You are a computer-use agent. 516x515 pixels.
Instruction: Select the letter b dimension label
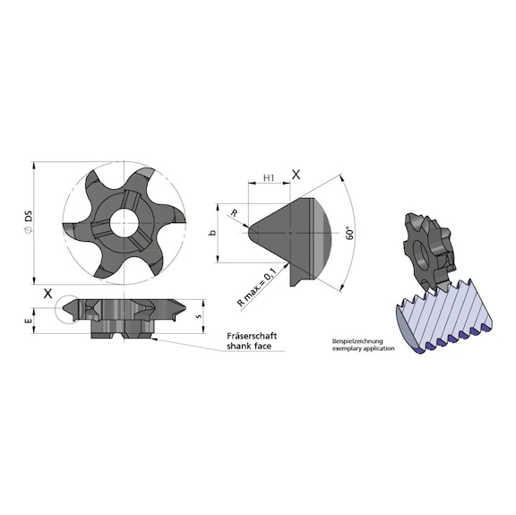pyautogui.click(x=211, y=233)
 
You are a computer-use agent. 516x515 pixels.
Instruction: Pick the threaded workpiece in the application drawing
pyautogui.click(x=443, y=315)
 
